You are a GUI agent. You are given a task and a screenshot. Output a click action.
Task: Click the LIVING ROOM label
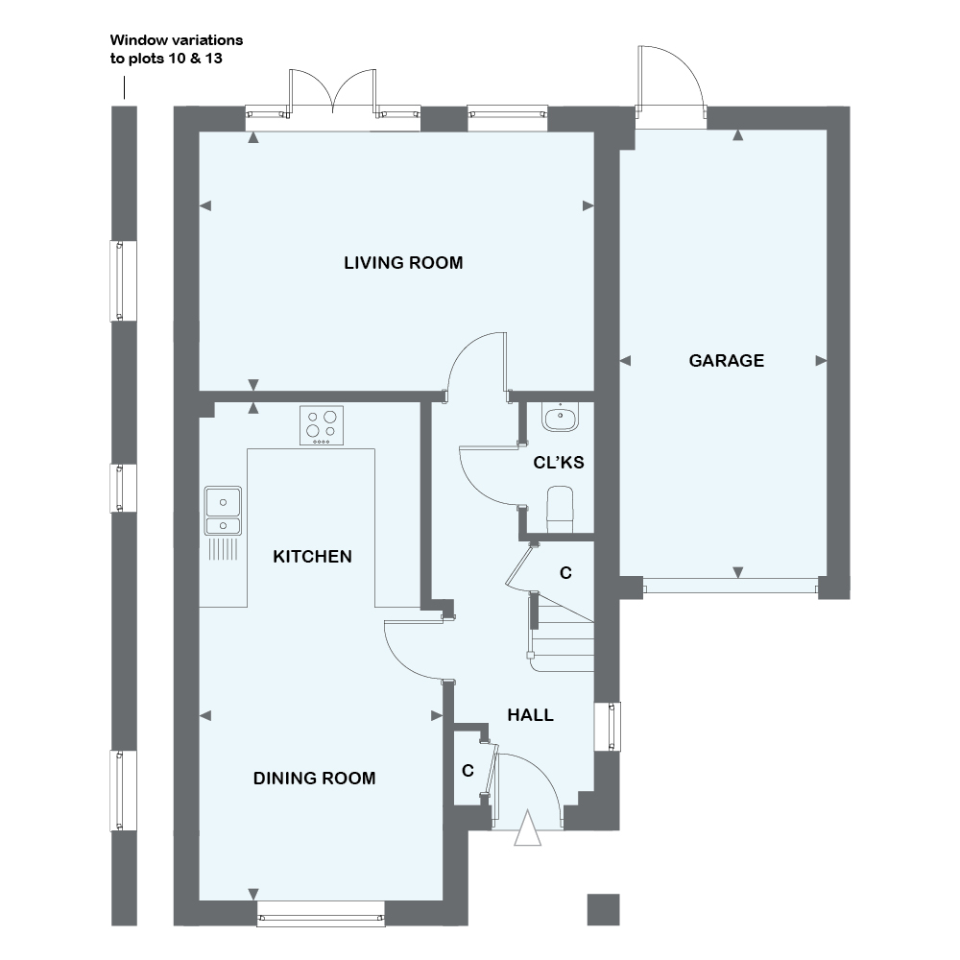[403, 262]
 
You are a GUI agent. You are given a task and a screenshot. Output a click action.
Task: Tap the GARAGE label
[726, 361]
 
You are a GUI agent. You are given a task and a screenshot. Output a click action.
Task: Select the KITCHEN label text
[312, 556]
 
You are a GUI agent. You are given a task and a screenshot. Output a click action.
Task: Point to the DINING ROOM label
[314, 778]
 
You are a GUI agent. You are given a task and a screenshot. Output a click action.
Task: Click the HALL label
[530, 714]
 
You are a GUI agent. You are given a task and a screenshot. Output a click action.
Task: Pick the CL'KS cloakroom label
[559, 463]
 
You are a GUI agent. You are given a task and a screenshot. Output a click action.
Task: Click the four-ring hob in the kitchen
[322, 425]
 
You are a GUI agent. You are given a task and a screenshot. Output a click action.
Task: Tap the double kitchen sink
[222, 512]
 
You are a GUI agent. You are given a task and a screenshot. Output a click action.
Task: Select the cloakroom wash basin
[559, 417]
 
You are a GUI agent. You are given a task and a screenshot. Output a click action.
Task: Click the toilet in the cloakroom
[560, 508]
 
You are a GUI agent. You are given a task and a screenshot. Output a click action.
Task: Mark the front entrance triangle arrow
[527, 829]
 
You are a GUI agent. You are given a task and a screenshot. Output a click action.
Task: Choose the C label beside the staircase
[565, 573]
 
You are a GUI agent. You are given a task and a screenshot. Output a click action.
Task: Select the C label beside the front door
[468, 770]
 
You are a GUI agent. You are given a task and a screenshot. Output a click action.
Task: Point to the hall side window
[607, 727]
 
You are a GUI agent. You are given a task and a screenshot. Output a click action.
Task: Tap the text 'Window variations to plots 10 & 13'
[176, 49]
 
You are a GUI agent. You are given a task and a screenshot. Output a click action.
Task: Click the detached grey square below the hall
[603, 909]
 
